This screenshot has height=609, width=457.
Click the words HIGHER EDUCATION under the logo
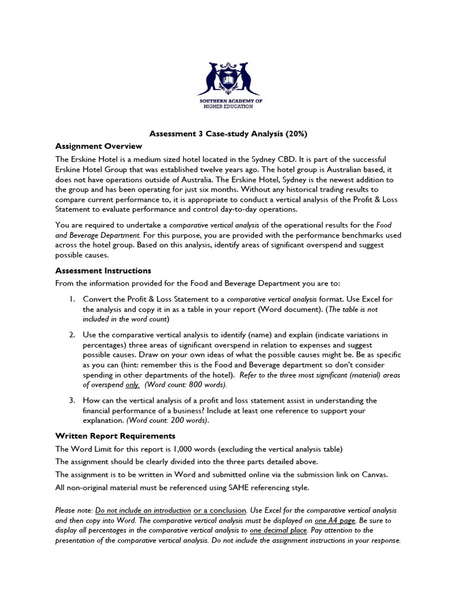coord(228,107)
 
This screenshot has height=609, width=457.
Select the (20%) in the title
coord(295,134)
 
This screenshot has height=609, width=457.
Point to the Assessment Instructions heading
coord(103,271)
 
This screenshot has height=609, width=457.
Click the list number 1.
coord(70,299)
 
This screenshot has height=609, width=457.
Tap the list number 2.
coord(70,335)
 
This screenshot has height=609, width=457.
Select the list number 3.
coord(70,400)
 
